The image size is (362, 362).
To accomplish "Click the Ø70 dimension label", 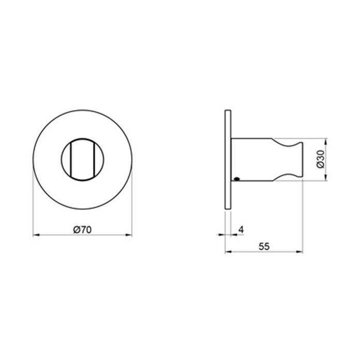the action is tap(82, 230).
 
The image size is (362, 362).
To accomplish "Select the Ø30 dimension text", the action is tap(321, 159).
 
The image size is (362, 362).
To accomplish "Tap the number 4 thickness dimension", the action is tap(241, 230).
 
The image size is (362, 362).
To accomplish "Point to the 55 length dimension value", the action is tap(264, 247).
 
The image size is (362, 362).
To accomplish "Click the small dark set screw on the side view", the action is tap(236, 178).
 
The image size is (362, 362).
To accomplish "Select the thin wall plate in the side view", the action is tap(228, 159).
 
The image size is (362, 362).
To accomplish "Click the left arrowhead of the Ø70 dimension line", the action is tap(36, 235).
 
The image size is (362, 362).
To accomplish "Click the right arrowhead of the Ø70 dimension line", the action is tap(129, 235).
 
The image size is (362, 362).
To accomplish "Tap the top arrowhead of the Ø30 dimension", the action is tap(325, 142).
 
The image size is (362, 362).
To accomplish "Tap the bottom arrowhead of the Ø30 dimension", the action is tap(325, 177).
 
